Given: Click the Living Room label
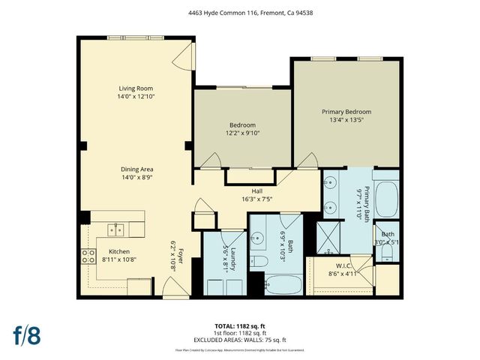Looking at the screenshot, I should coord(135,88).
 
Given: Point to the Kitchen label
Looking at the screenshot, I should coord(120,251).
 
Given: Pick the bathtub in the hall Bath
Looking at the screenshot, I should coord(283,285).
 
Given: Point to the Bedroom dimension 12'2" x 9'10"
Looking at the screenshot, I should coord(242,133).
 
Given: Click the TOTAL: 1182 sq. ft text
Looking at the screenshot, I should coord(240,326).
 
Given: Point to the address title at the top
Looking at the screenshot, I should coord(240,11).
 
